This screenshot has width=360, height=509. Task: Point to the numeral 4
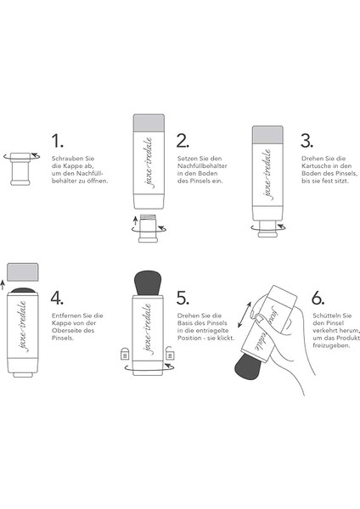57,299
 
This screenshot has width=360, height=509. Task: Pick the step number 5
182,299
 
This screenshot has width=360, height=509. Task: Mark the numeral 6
317,299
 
